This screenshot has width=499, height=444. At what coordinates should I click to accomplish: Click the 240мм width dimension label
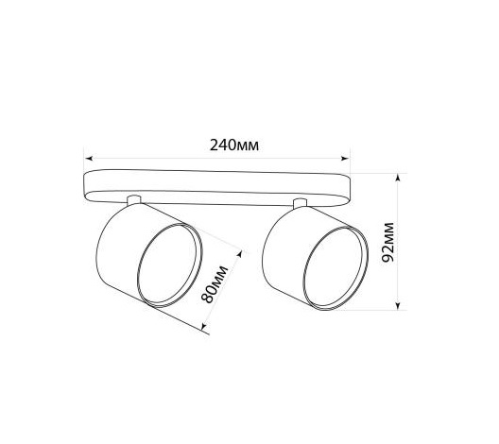click(234, 145)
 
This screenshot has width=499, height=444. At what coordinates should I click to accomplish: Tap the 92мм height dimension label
click(387, 242)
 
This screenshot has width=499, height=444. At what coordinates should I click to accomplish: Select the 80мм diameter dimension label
click(215, 284)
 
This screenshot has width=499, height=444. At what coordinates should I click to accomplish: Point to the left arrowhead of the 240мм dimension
click(90, 158)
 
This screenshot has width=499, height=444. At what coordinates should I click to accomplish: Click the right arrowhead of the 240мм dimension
click(345, 158)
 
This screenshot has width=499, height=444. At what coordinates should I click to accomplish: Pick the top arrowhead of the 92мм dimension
click(398, 178)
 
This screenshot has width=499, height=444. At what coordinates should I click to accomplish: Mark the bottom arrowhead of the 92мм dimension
click(398, 305)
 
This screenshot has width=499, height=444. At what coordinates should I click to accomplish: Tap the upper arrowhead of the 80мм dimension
click(240, 253)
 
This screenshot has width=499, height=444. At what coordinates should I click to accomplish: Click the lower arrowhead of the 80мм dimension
click(204, 327)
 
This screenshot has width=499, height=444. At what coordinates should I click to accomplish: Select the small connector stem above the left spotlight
click(133, 200)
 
